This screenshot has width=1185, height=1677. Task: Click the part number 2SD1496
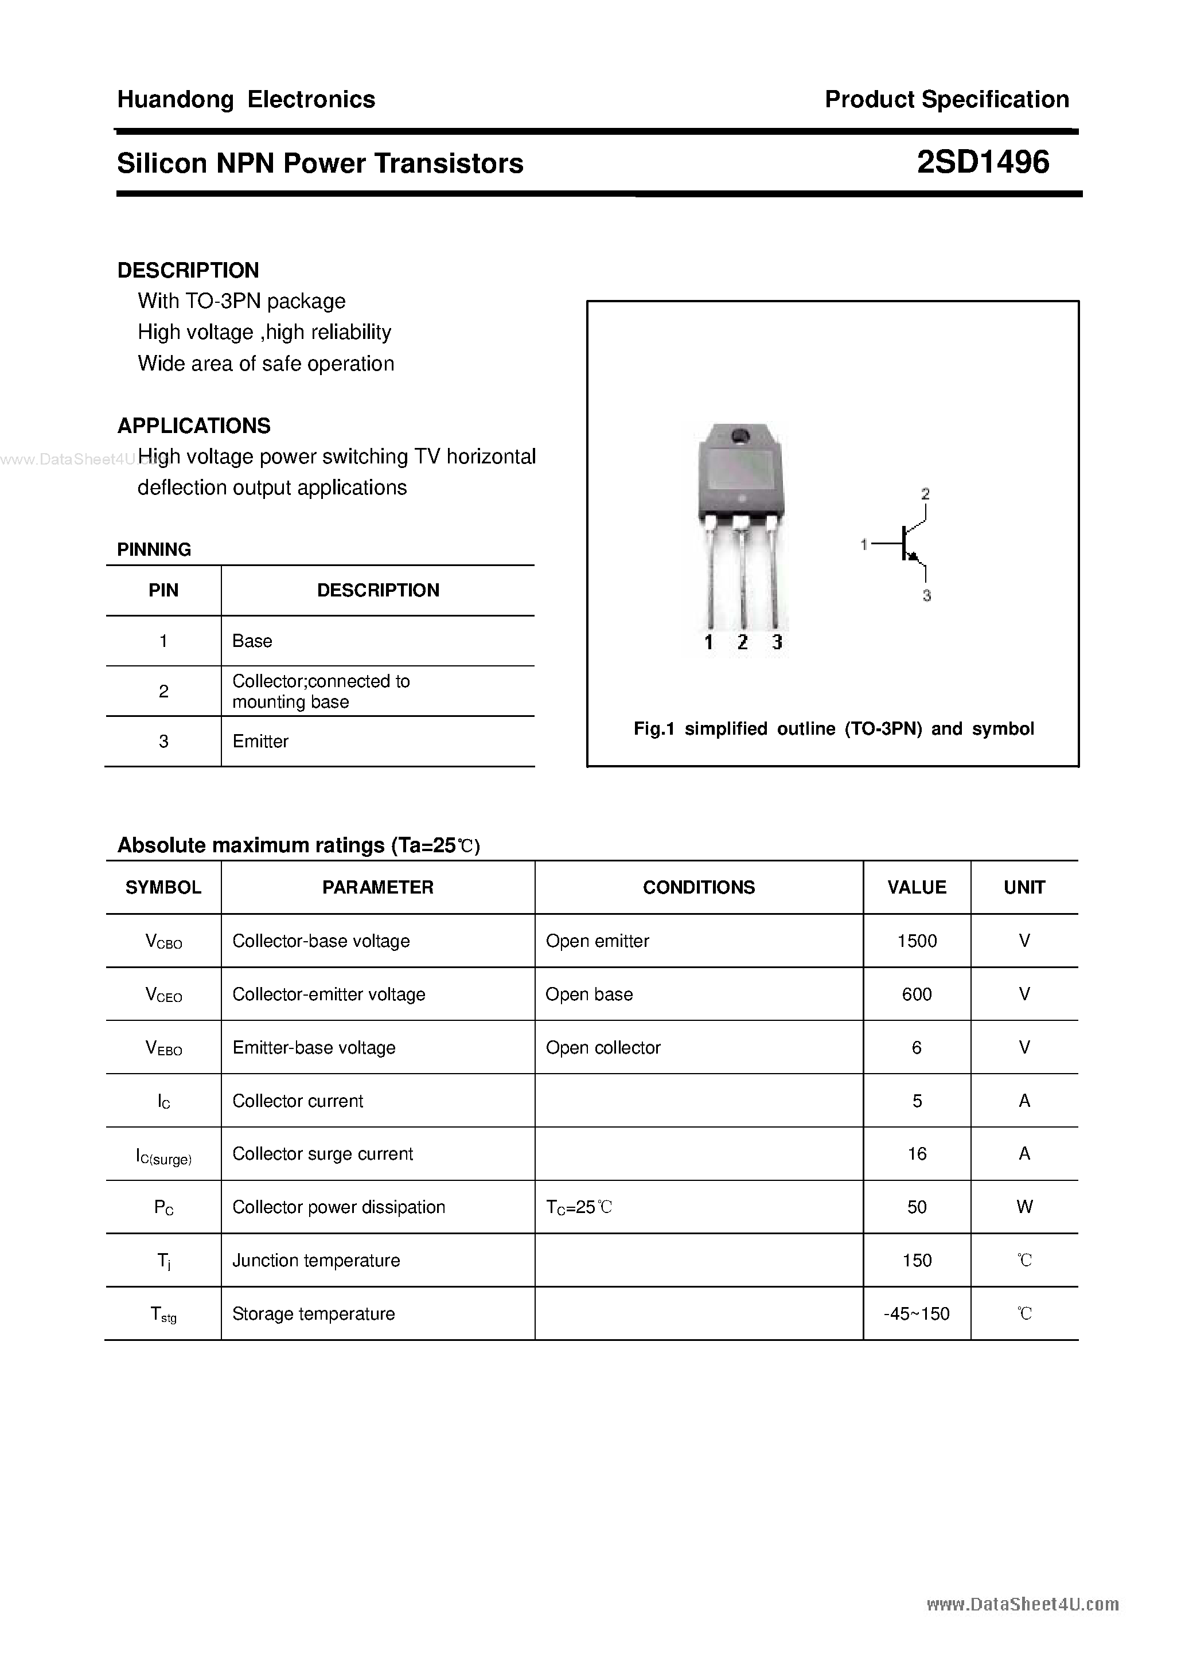point(983,162)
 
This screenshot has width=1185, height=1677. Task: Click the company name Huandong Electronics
point(246,99)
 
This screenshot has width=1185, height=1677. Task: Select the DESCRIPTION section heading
point(188,270)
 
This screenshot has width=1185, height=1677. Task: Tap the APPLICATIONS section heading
point(194,426)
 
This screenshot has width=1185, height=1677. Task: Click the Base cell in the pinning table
point(252,641)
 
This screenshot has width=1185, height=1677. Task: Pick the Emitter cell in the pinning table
point(260,742)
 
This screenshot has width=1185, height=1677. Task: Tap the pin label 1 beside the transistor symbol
point(864,544)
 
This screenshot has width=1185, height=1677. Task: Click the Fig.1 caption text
point(833,729)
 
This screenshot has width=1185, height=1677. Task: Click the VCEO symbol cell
point(163,995)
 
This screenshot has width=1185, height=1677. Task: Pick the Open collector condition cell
point(603,1047)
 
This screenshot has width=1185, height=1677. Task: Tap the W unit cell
point(1024,1207)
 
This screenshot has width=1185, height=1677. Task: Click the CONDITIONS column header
point(699,887)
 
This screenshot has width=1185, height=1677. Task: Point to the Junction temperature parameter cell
point(315,1261)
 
